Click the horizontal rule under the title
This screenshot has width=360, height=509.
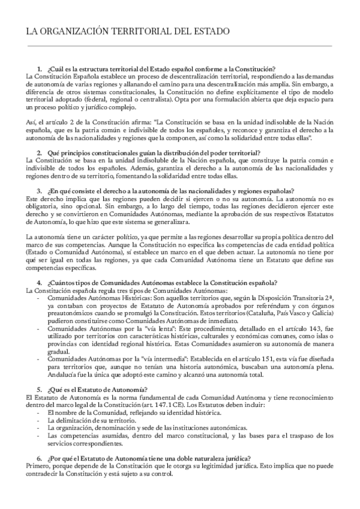pos(180,46)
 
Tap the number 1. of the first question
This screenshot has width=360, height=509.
pos(40,69)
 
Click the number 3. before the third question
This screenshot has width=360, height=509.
pos(40,191)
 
